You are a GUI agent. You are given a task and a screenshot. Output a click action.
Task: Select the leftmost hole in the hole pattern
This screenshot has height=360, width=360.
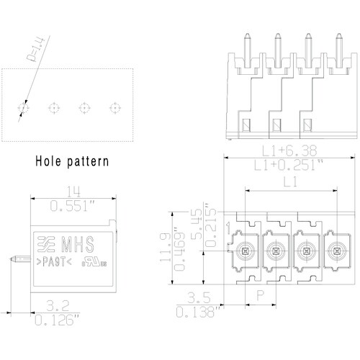[x=22, y=108]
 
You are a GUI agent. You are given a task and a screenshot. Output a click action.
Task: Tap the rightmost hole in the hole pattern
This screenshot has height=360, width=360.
[x=114, y=108]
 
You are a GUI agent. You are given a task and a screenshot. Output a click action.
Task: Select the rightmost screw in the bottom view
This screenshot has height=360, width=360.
[x=335, y=251]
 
